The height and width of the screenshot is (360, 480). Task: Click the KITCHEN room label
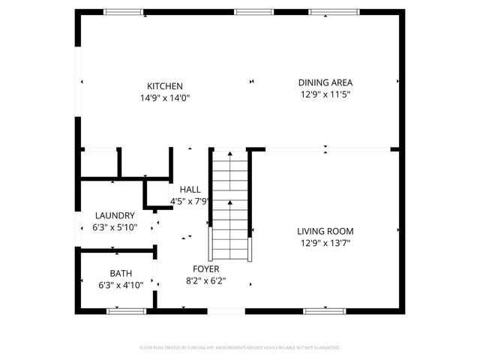pos(165,86)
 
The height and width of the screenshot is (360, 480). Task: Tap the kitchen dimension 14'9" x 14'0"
pos(165,98)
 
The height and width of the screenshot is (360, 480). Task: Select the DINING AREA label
pos(325,82)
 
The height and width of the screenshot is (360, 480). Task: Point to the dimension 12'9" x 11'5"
pos(325,94)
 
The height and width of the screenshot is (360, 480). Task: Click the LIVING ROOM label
pos(325,231)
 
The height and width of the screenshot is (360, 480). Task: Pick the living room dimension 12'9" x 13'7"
pos(325,243)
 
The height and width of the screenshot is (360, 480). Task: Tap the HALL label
pos(190,189)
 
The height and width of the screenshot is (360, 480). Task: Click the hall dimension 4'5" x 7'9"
pos(190,201)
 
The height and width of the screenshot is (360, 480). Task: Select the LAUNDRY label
pos(115,215)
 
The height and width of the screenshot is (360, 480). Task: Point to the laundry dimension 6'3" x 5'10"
pos(115,227)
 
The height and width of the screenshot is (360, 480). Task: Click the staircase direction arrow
pos(229,203)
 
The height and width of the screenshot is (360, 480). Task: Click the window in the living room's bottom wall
pos(325,310)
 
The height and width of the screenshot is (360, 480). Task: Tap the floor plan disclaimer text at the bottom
pos(240,348)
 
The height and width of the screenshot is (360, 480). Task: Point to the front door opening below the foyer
pos(226,310)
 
